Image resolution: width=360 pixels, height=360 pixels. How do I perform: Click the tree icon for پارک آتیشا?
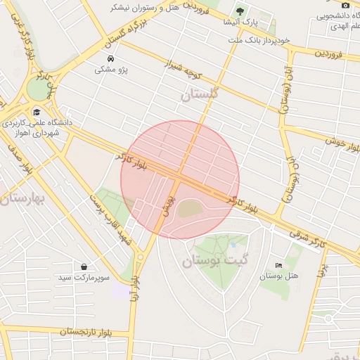(240, 11)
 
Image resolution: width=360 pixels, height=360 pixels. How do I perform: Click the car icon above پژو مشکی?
(110, 58)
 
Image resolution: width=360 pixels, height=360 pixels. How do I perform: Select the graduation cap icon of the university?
(37, 112)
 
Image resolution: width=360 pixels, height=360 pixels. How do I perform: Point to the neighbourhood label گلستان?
(200, 94)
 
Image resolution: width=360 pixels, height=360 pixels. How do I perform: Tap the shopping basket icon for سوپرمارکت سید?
(84, 267)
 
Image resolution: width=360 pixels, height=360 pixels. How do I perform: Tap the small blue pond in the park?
(233, 245)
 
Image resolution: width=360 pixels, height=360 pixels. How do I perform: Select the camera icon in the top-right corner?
(345, 5)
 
